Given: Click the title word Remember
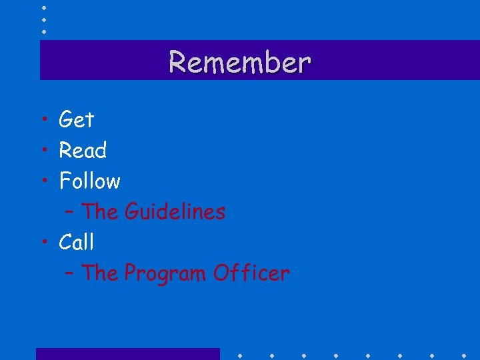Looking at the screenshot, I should (239, 62).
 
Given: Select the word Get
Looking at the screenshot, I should (76, 120).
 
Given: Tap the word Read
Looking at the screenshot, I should (83, 151).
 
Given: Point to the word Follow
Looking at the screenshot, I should (89, 181).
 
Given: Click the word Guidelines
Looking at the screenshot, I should (175, 212).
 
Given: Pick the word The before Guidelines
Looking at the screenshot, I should (99, 212).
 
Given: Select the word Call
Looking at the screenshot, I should (76, 243).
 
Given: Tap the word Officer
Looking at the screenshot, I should (251, 273).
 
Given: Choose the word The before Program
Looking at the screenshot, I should (99, 273).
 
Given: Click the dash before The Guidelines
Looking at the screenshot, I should (70, 213).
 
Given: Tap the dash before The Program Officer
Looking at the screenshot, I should (70, 275).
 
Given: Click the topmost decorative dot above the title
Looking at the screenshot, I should (43, 7).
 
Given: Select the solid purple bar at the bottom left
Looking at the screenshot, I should (127, 354).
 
